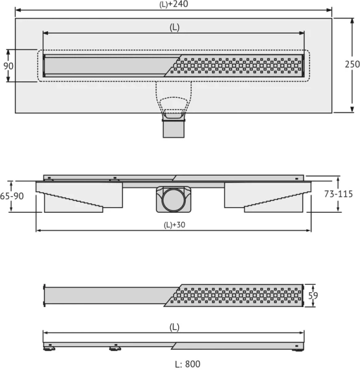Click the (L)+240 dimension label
174,4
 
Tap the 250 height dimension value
352,64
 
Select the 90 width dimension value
8,66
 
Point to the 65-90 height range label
12,196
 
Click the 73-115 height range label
338,194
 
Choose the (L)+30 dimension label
174,225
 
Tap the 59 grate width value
313,295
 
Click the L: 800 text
188,364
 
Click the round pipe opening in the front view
173,200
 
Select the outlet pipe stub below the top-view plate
174,129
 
